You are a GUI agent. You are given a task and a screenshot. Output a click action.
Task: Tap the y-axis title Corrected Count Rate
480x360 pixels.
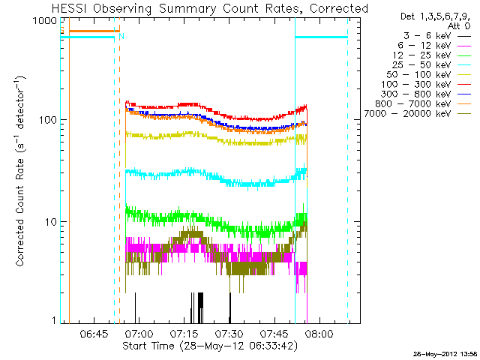[22, 172]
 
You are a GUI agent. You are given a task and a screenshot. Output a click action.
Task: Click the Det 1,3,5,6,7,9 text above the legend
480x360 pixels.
[435, 15]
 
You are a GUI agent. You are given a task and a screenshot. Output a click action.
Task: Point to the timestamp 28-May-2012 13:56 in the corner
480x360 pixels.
[444, 352]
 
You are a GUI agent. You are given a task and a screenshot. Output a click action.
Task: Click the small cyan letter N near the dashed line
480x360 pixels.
[121, 35]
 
